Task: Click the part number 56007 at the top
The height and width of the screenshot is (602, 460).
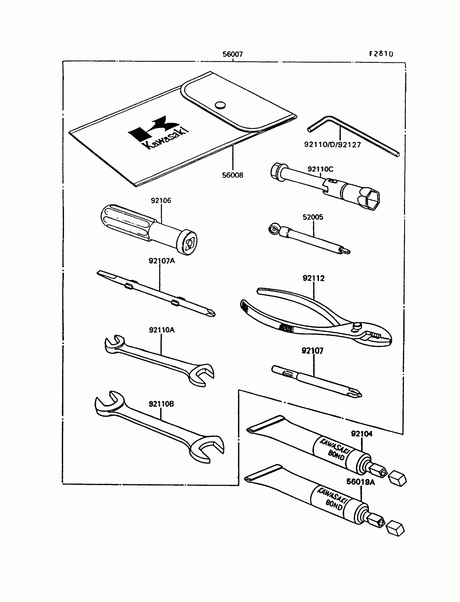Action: [232, 54]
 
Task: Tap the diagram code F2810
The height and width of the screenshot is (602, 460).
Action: [381, 54]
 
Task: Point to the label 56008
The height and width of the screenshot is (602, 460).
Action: [232, 175]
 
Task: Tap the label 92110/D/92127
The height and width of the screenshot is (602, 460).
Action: [332, 145]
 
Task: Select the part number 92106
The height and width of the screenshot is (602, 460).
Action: [161, 200]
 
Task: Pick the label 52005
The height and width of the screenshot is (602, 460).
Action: [313, 217]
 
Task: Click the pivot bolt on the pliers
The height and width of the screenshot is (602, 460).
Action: [357, 326]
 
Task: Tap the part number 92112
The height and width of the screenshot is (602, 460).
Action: [313, 278]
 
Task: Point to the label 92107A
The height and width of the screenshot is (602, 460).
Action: [162, 261]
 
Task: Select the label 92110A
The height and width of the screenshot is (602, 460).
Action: [162, 330]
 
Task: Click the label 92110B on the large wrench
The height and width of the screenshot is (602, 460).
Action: [161, 404]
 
